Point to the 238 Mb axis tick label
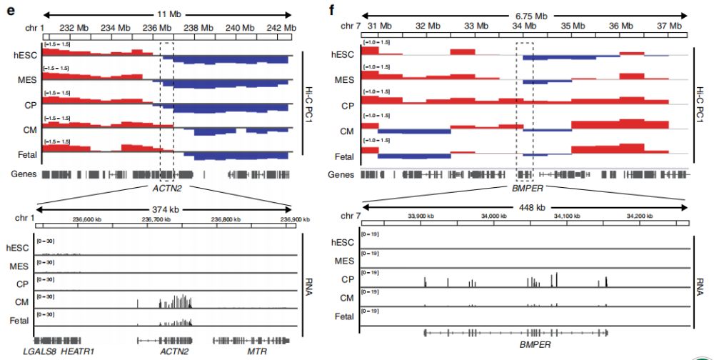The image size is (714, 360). coord(193,27)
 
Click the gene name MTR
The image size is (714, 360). coord(256,351)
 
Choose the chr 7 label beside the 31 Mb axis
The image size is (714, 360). coord(352,26)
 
